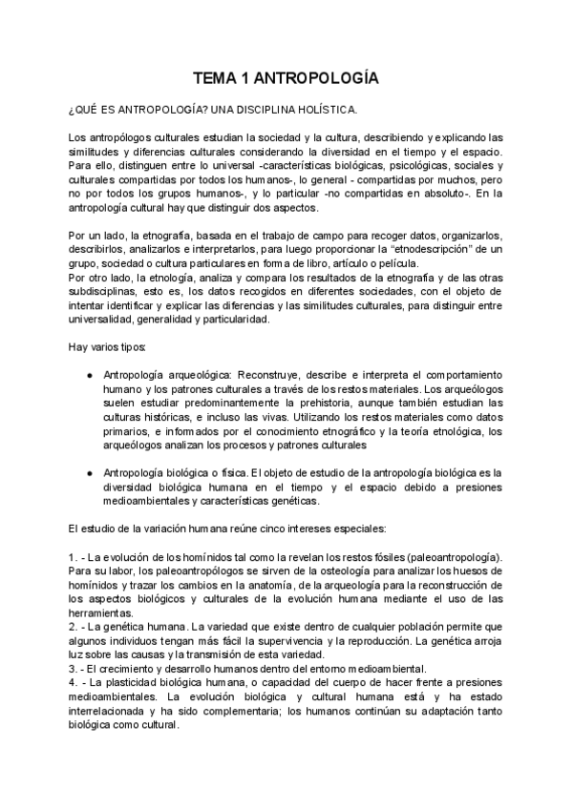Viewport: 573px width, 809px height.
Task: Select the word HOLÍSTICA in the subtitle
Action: click(316, 110)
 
